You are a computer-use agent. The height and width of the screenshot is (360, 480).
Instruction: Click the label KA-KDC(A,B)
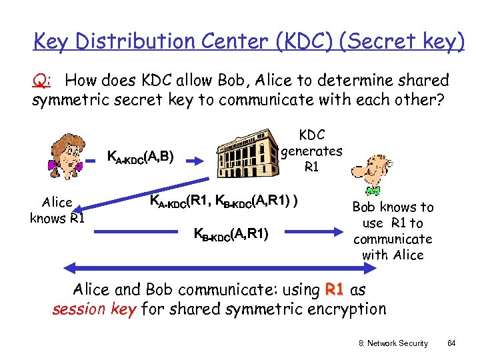click(x=141, y=157)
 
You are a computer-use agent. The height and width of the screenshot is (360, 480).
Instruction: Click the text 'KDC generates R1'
click(x=311, y=151)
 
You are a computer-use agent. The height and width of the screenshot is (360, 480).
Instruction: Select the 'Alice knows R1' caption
click(x=57, y=210)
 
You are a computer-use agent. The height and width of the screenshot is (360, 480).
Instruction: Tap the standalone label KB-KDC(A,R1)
click(x=231, y=233)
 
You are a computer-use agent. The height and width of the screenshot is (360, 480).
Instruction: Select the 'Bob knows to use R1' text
click(x=393, y=231)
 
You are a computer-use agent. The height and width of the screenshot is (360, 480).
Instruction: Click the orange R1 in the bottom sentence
click(x=334, y=290)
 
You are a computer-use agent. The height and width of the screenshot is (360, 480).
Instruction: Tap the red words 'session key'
click(x=94, y=309)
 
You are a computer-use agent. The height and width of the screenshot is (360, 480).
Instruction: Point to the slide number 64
click(x=451, y=343)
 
